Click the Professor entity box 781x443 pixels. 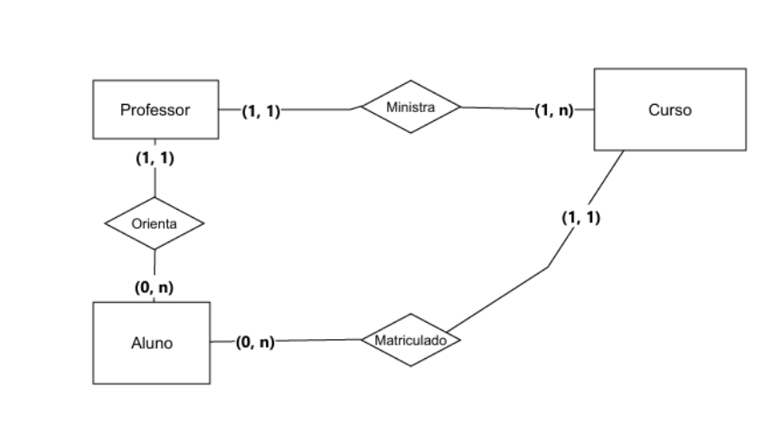tap(155, 110)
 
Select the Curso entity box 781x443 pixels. tap(670, 109)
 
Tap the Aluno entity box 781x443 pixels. tap(151, 343)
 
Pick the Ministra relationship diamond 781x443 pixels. tap(410, 108)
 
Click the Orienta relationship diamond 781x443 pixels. tap(155, 222)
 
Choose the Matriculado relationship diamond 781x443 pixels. tap(411, 340)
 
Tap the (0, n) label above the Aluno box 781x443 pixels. tap(155, 287)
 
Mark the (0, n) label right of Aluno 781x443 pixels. tap(254, 342)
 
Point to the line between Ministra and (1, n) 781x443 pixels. tap(497, 108)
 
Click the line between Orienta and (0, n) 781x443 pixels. tap(155, 262)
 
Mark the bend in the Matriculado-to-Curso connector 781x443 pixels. tap(548, 267)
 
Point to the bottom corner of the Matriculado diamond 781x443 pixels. tap(411, 366)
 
